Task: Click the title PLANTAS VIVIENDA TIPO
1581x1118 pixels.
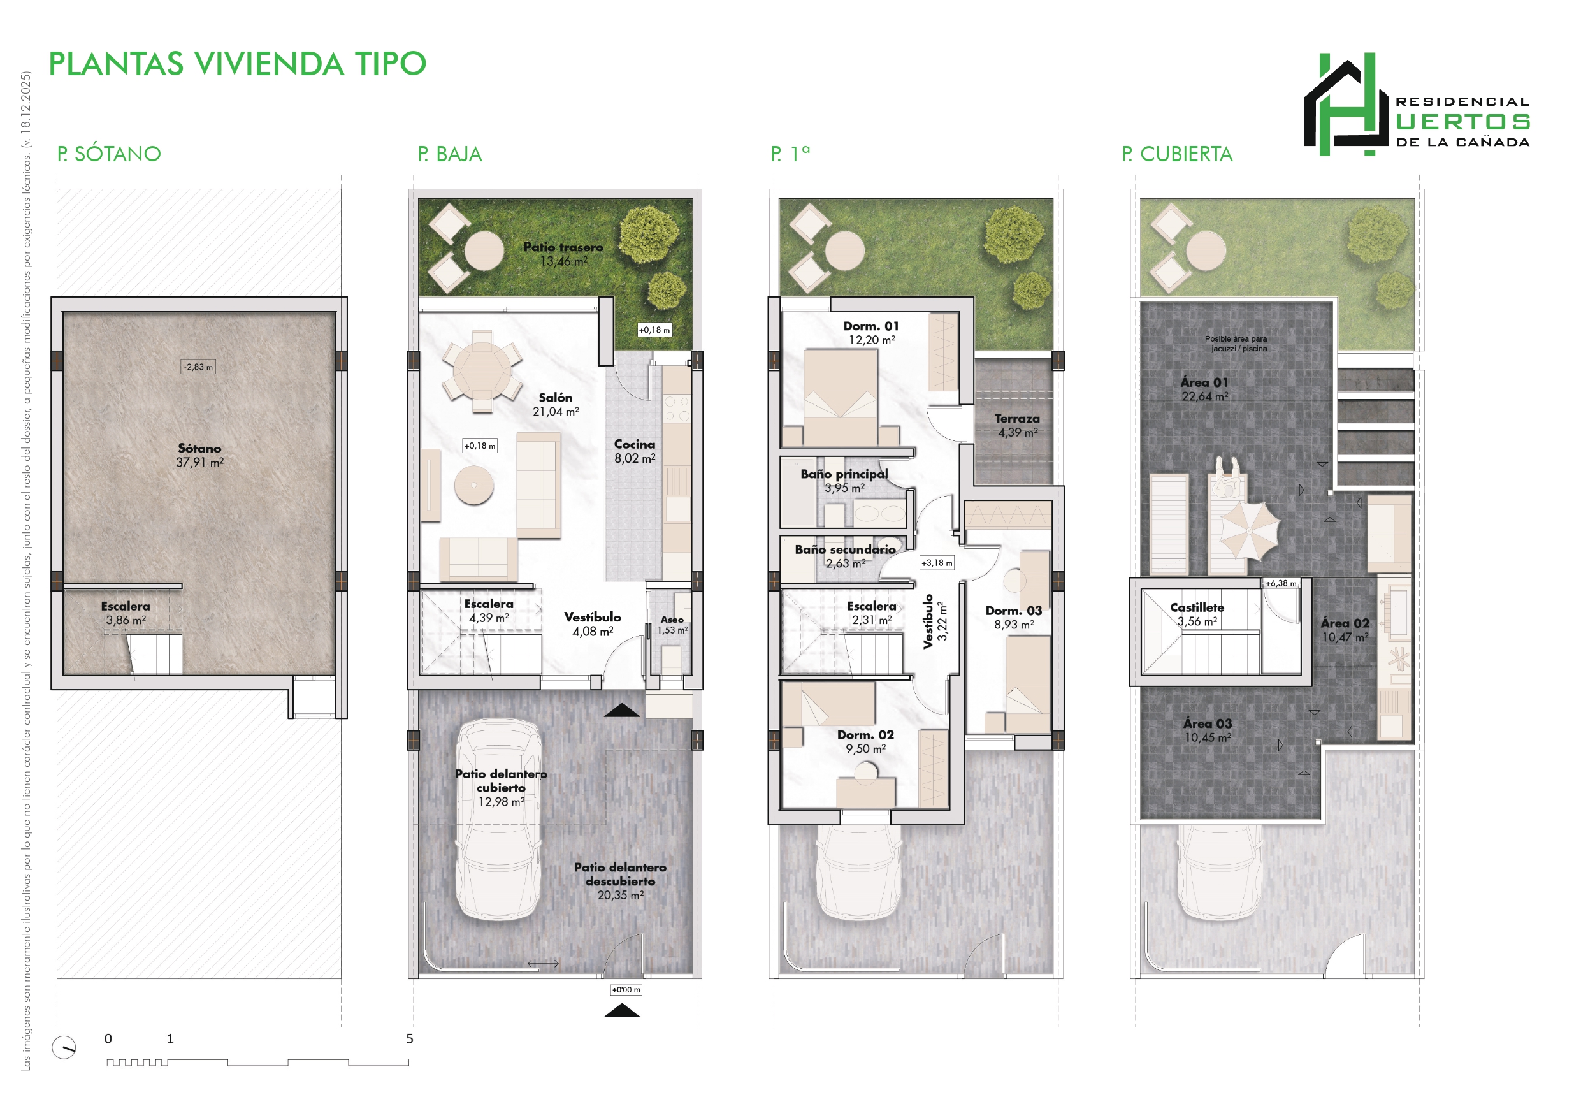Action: (x=238, y=64)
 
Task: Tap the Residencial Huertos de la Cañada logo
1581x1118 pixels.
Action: (x=1417, y=104)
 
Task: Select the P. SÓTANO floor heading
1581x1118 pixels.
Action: (x=109, y=154)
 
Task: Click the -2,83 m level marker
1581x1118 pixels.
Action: (x=198, y=367)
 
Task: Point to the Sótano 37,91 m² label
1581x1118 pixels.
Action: (x=199, y=455)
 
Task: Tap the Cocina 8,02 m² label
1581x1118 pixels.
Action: (x=635, y=451)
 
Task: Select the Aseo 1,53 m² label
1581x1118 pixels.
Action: (x=672, y=625)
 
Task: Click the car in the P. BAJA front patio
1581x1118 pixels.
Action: (x=498, y=820)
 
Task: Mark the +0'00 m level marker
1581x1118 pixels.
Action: (x=626, y=990)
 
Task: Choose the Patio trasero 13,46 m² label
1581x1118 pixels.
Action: (x=563, y=254)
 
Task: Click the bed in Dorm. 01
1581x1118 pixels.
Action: (x=841, y=396)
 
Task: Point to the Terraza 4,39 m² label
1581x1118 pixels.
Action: (x=1017, y=425)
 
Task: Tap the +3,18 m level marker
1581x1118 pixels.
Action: (x=937, y=563)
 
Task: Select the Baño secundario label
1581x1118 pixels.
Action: (x=845, y=549)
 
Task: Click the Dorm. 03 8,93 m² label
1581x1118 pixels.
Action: (x=1014, y=617)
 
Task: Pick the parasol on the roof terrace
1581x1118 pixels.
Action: (x=1250, y=530)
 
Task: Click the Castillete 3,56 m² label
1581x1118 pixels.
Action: (x=1197, y=614)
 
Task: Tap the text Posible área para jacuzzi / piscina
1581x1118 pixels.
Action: (x=1236, y=344)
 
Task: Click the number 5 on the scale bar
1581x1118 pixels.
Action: (x=410, y=1038)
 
